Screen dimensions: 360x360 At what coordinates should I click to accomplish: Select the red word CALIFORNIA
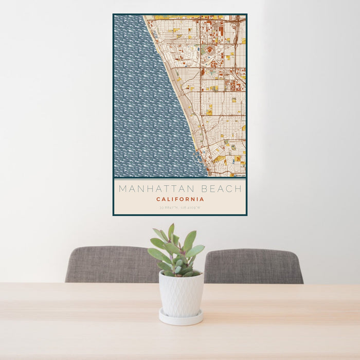[180, 200]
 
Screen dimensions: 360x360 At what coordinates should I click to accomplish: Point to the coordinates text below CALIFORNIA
[180, 208]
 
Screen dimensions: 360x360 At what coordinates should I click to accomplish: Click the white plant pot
[181, 294]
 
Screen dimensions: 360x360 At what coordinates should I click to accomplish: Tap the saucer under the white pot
[180, 317]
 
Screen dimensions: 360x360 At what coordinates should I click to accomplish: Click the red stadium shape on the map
[209, 50]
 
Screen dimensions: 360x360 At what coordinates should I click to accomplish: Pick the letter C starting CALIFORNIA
[158, 200]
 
